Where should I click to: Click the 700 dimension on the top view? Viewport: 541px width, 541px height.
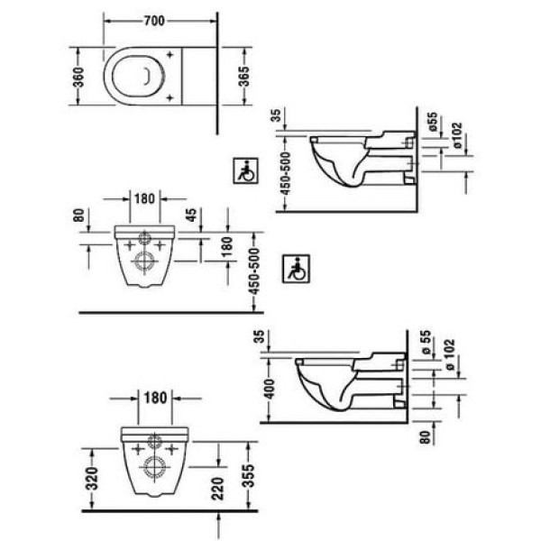click(154, 21)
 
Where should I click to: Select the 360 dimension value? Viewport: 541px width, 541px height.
click(78, 77)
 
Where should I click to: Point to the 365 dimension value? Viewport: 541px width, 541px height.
click(244, 77)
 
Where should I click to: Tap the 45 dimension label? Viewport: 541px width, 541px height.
click(192, 215)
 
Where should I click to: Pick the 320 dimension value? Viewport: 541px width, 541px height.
click(93, 479)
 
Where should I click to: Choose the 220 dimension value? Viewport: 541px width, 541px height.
click(217, 489)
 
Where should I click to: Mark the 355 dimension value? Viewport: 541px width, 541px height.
click(248, 476)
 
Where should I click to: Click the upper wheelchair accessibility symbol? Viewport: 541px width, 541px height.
click(245, 170)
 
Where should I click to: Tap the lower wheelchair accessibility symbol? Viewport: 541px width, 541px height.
click(296, 269)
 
